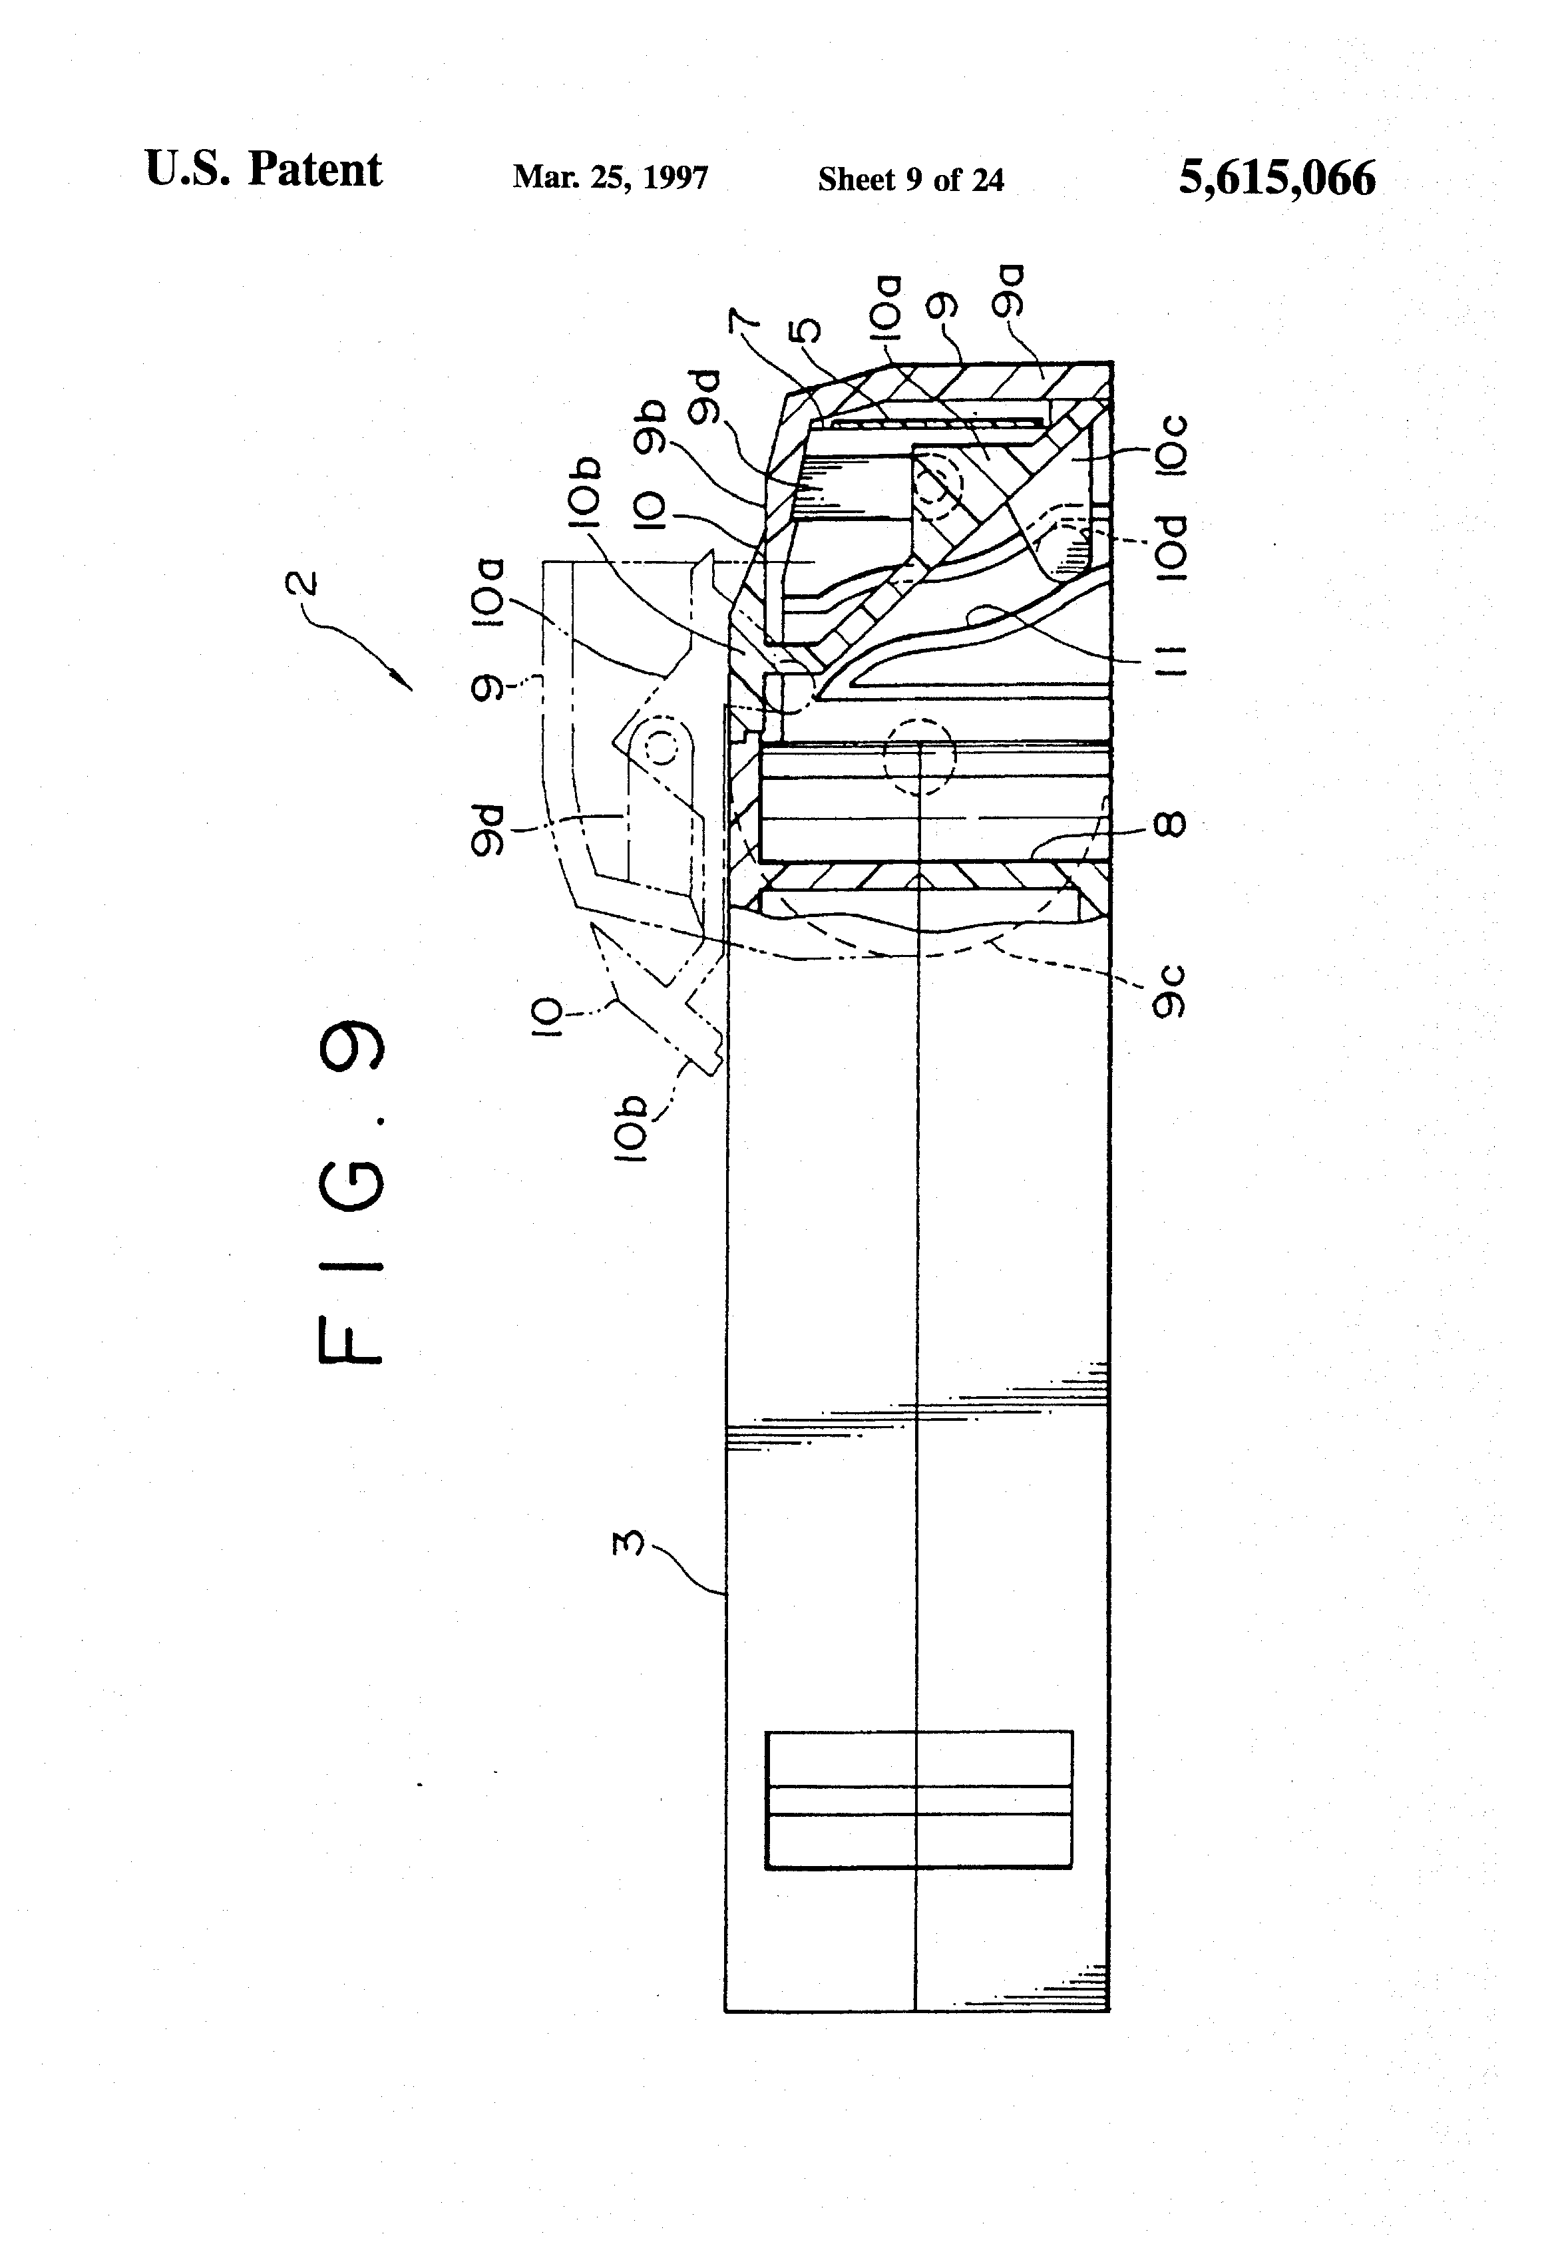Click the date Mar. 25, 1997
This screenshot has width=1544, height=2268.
[x=610, y=178]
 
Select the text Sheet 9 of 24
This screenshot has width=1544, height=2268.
[x=910, y=180]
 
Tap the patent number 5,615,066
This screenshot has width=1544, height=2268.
[x=1276, y=178]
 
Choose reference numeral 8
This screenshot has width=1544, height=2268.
[x=1170, y=825]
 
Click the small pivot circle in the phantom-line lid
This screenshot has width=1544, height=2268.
[x=661, y=747]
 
